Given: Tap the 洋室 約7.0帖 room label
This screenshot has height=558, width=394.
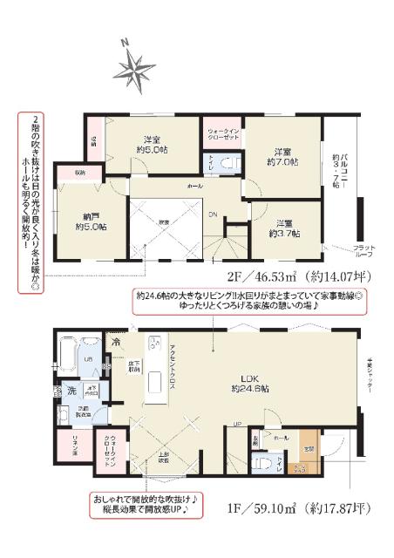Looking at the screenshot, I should pos(283,156).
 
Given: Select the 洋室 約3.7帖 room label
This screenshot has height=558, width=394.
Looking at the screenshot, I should pos(284,228).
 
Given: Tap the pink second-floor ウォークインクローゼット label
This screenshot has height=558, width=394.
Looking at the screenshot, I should pos(223,132).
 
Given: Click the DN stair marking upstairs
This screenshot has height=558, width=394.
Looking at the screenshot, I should pos(212,214).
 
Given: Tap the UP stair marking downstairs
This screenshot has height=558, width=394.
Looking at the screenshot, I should pos(236,425).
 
